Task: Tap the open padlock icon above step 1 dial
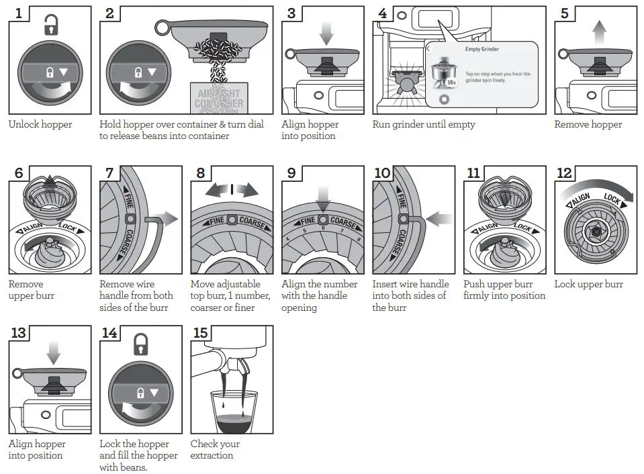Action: (50, 26)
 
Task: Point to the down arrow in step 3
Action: (326, 33)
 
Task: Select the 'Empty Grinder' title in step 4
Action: (481, 49)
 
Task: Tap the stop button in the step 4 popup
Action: (443, 100)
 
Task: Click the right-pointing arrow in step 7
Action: (168, 219)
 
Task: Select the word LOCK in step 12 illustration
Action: (612, 199)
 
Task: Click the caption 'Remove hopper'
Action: (588, 124)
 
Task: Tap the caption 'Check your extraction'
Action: (215, 449)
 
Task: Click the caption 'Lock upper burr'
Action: (588, 284)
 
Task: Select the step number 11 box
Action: (473, 173)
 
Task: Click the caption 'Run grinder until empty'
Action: (423, 124)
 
